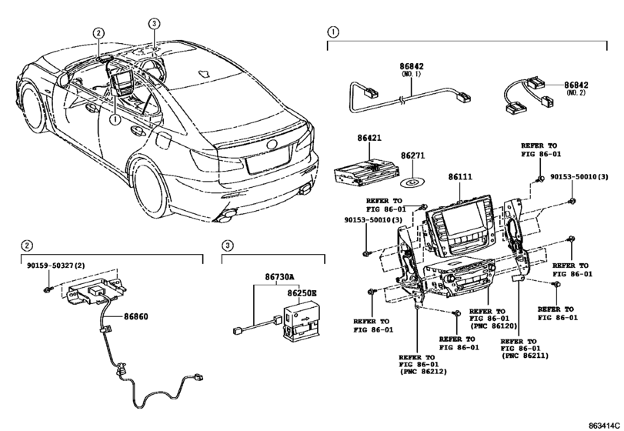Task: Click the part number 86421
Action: click(369, 138)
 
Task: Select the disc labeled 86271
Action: click(412, 182)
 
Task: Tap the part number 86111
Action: click(460, 176)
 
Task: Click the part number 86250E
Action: click(302, 293)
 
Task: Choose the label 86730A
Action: click(280, 276)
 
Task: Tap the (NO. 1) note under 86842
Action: click(412, 74)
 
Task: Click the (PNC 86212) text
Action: click(423, 372)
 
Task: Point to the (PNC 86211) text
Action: click(525, 356)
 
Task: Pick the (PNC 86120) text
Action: click(493, 326)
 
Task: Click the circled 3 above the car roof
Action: click(154, 24)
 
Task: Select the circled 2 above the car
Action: click(98, 33)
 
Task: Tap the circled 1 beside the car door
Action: click(115, 119)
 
